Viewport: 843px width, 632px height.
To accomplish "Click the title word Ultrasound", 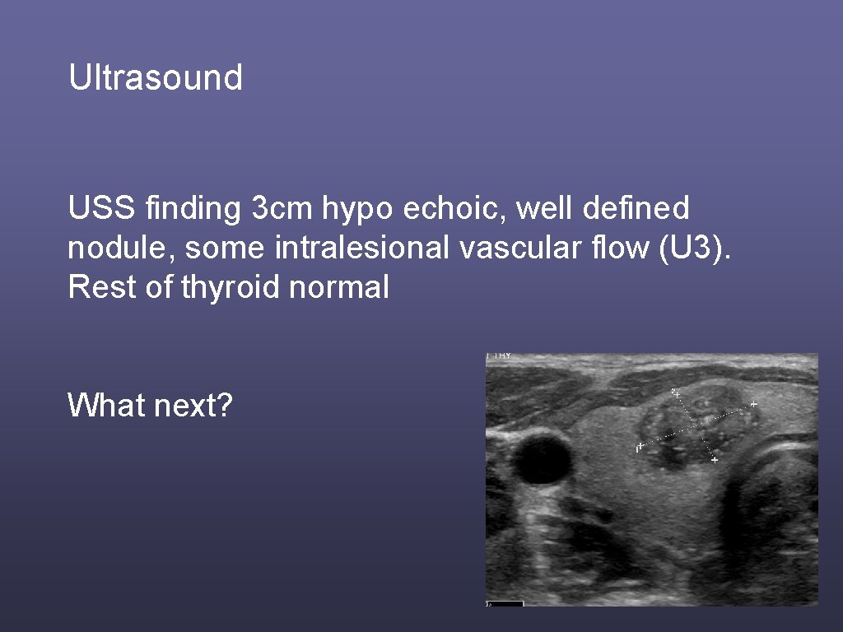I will (x=156, y=78).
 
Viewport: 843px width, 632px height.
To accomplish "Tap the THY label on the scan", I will (x=501, y=356).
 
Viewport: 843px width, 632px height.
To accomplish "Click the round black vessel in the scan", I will (x=543, y=459).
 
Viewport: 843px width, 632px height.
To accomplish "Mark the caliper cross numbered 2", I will (x=677, y=395).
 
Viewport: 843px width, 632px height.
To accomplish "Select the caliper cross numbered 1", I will (x=641, y=446).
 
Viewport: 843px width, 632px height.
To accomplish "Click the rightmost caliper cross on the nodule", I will (x=753, y=404).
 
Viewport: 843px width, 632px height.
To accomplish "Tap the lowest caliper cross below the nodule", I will (x=714, y=460).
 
